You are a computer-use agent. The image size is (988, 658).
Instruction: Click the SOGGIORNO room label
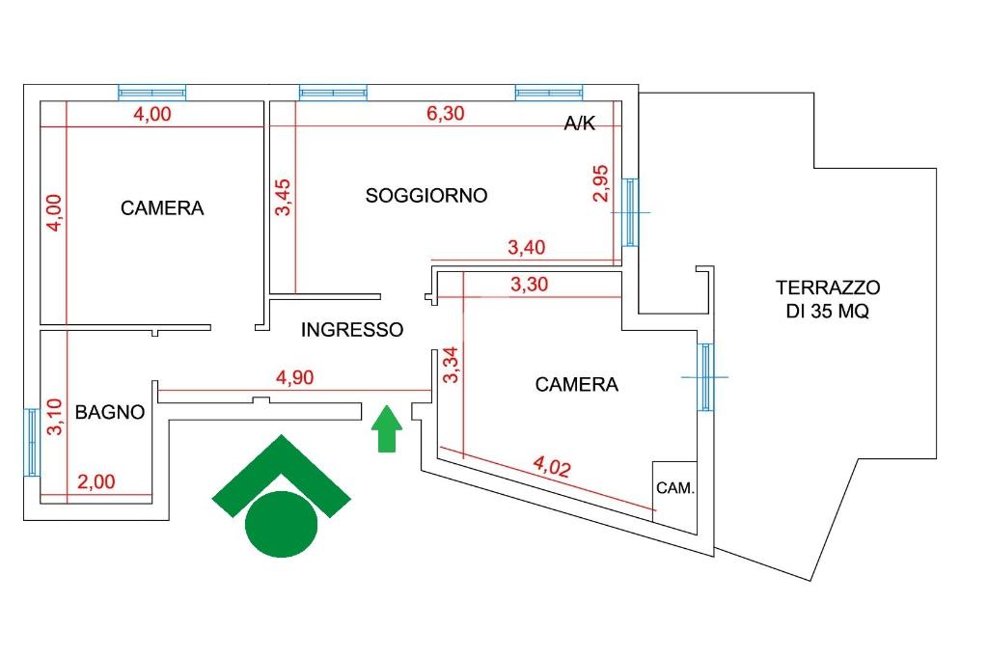426,196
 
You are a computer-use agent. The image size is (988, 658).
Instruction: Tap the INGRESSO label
352,330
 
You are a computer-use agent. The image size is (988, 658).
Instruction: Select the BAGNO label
110,412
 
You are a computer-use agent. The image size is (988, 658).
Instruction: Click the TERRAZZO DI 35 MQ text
827,299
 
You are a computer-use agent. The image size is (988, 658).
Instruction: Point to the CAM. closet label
675,488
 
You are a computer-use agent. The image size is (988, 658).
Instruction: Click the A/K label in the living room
580,123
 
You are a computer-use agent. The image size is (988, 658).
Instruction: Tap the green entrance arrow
386,428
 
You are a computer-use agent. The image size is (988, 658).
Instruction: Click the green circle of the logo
281,525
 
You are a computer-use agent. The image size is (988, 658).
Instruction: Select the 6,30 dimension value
446,114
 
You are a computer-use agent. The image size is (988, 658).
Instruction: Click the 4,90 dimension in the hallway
295,377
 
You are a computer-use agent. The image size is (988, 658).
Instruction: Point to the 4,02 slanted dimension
552,466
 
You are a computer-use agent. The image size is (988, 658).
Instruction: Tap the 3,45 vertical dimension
283,197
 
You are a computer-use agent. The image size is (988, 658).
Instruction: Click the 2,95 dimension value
601,182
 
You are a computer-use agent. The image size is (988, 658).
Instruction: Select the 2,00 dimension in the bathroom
96,482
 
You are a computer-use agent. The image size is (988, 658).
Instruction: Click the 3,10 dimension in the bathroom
55,417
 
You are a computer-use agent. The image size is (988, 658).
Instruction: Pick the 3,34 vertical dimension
452,365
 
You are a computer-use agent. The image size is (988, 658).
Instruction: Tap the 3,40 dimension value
527,247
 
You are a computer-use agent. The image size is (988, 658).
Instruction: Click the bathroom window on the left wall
32,442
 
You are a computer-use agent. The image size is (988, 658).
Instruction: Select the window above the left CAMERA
151,93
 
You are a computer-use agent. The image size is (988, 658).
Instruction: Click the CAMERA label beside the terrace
577,384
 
